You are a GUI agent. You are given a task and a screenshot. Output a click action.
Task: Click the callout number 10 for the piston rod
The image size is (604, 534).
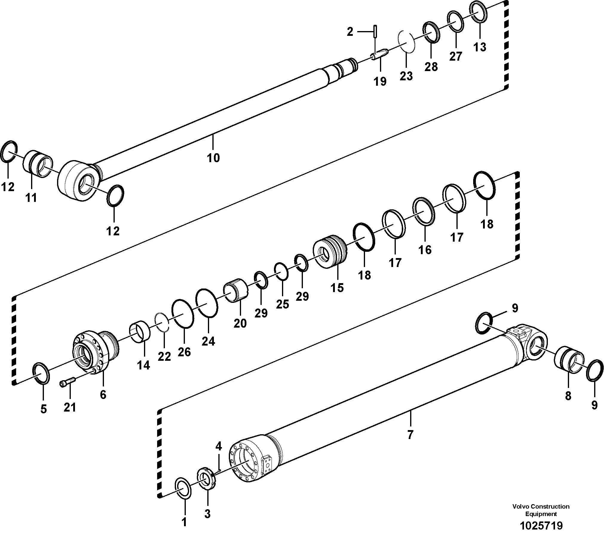[213, 158]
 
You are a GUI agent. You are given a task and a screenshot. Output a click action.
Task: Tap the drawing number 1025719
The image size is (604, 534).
[541, 525]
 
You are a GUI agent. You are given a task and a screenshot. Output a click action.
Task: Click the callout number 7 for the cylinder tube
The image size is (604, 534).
[410, 435]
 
